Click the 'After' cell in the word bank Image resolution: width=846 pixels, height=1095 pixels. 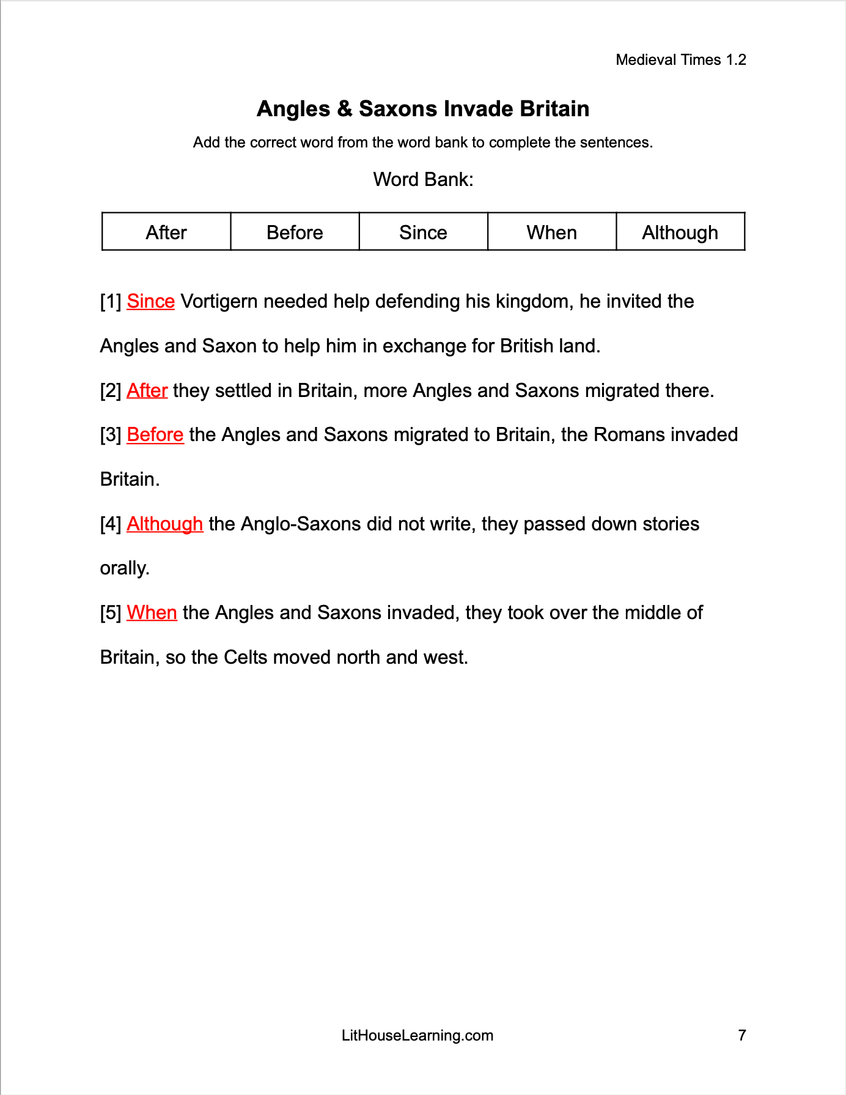pyautogui.click(x=166, y=232)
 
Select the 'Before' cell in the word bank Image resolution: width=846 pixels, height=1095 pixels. pyautogui.click(x=295, y=232)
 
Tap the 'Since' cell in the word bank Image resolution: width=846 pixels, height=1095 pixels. pyautogui.click(x=423, y=232)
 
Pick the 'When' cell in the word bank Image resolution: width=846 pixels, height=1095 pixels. pyautogui.click(x=551, y=232)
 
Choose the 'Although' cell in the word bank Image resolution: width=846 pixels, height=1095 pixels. pyautogui.click(x=680, y=232)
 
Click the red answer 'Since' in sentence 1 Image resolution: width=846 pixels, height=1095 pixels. pyautogui.click(x=150, y=302)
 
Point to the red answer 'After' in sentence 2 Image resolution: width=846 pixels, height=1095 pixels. pyautogui.click(x=147, y=390)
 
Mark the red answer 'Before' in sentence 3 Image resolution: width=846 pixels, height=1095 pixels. pyautogui.click(x=155, y=435)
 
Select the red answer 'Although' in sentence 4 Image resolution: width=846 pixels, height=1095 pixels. pyautogui.click(x=164, y=524)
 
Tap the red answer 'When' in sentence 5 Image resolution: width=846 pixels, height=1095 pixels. pyautogui.click(x=152, y=613)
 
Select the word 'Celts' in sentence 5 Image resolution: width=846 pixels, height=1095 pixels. pyautogui.click(x=246, y=658)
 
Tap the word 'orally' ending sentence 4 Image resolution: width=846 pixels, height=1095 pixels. pyautogui.click(x=124, y=569)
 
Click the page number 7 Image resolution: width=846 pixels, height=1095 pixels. pyautogui.click(x=742, y=1036)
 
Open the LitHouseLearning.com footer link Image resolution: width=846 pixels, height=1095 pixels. pyautogui.click(x=417, y=1036)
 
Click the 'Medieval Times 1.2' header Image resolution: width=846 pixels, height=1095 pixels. pyautogui.click(x=681, y=60)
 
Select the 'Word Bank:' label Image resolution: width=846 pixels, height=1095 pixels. pyautogui.click(x=423, y=180)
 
